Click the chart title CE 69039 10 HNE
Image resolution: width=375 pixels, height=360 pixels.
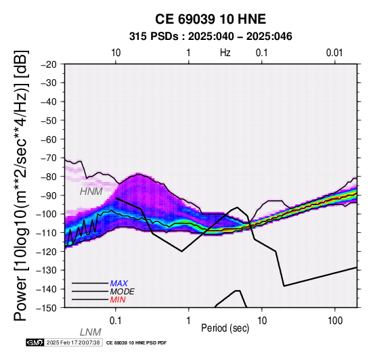[211, 19]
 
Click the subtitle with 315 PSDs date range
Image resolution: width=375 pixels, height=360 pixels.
[211, 37]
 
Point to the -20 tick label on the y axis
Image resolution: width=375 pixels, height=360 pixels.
[49, 64]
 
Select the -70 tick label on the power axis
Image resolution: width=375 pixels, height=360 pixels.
[49, 158]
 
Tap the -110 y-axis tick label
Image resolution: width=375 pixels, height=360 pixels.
[46, 233]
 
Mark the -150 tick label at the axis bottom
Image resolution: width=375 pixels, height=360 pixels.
[46, 308]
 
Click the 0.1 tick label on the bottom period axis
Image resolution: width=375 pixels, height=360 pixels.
[116, 321]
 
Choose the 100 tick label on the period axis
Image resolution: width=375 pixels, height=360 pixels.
[335, 321]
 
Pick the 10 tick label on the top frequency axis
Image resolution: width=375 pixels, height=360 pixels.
[116, 53]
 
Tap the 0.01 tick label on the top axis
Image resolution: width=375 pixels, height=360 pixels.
[334, 53]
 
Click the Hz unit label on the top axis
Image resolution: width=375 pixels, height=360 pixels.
[225, 53]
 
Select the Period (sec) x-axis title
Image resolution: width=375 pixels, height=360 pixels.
[225, 328]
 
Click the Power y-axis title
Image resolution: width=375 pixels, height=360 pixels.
[21, 185]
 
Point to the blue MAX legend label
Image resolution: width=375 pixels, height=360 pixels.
[119, 284]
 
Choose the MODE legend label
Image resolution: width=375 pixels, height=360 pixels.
[123, 292]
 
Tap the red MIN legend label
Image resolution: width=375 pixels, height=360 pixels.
[118, 300]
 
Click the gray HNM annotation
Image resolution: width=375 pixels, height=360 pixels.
[91, 192]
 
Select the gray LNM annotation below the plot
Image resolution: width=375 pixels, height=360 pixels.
[91, 332]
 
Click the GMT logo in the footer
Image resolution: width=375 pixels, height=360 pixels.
[35, 342]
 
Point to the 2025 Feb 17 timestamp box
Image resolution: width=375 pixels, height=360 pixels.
[73, 342]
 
